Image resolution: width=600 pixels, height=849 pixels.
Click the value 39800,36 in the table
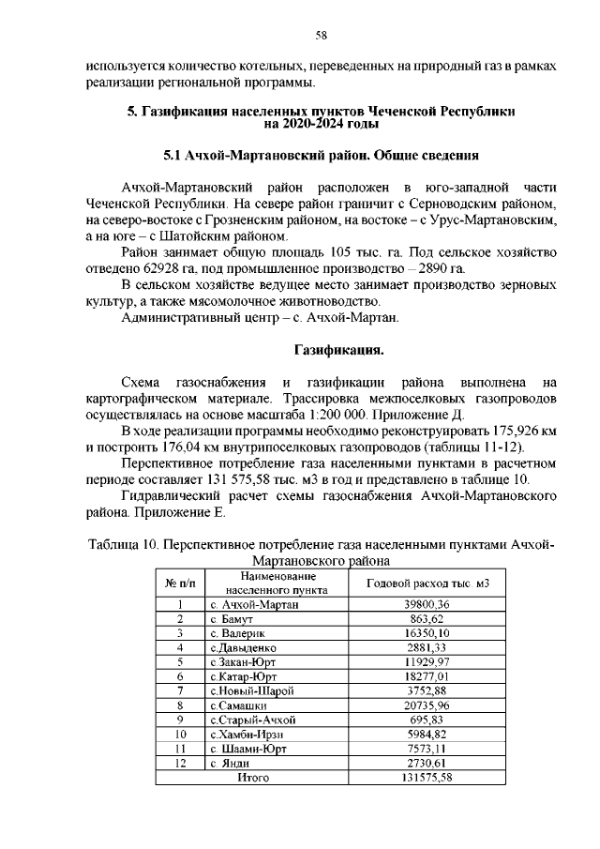[x=427, y=605]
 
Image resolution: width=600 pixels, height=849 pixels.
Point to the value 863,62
[x=427, y=619]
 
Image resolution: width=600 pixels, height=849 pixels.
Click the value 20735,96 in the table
[x=427, y=705]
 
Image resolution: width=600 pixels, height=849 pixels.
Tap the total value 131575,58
[x=427, y=778]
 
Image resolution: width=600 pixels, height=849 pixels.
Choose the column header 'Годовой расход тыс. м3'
[x=427, y=584]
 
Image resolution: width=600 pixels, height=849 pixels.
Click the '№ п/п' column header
[x=178, y=584]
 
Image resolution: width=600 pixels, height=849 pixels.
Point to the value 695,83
[x=427, y=720]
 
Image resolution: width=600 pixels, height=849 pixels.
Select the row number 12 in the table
[x=178, y=763]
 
